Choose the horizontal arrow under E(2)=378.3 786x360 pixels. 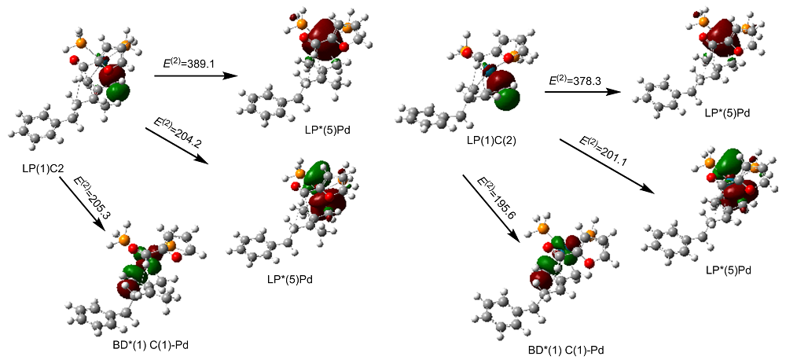coord(583,91)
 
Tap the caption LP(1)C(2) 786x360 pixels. coord(487,142)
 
